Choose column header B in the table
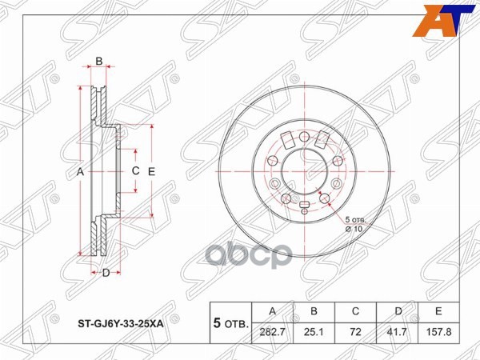(x=315, y=310)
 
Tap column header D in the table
(x=399, y=310)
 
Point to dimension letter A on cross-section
(x=80, y=172)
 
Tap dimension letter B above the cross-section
(x=99, y=61)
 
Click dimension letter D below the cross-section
(x=105, y=274)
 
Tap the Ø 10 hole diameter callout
(x=354, y=228)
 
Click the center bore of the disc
(x=303, y=170)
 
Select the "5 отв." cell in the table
(x=229, y=324)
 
